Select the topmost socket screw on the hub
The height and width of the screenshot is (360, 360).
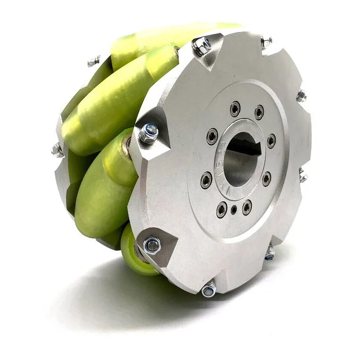(x=235, y=108)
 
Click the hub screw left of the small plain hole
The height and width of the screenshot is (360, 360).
(x=221, y=210)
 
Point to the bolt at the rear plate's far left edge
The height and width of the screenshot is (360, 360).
(x=57, y=150)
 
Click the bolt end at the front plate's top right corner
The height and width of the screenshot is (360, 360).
(x=266, y=41)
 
